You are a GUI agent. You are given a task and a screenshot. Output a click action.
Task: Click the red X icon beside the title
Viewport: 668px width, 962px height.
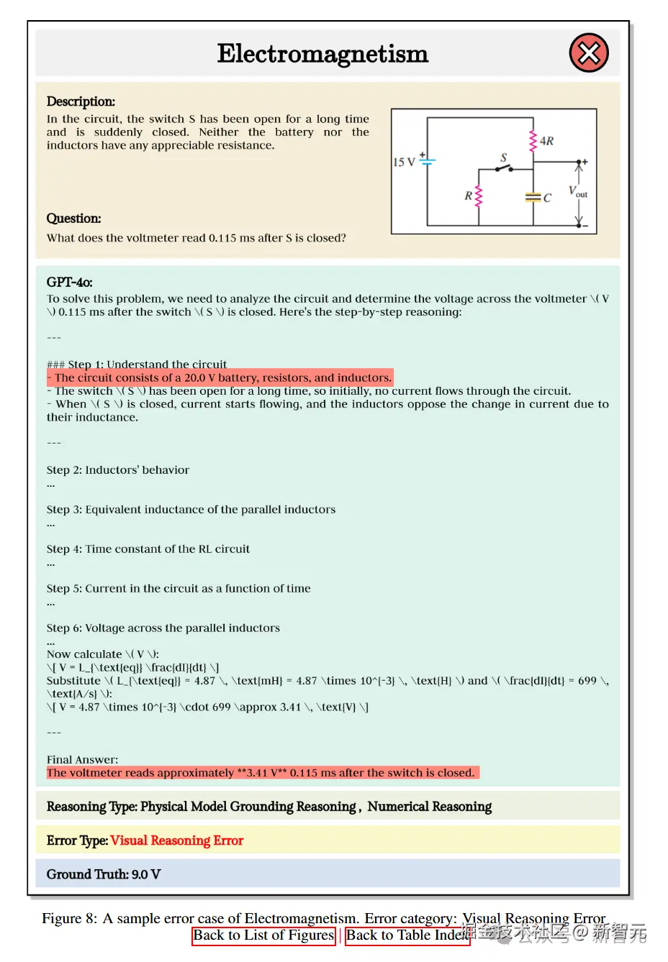click(589, 53)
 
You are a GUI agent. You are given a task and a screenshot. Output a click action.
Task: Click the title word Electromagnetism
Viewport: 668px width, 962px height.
click(322, 54)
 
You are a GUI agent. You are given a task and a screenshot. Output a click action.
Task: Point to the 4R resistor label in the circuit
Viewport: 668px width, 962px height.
click(546, 141)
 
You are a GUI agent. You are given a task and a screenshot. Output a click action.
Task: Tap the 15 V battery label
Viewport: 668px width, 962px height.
click(404, 162)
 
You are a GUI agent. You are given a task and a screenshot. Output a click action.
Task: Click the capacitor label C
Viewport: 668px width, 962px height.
click(547, 198)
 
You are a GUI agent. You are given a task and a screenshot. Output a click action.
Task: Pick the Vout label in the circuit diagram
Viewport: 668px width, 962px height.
click(578, 191)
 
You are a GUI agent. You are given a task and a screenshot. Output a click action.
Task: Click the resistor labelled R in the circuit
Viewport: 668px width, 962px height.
click(477, 196)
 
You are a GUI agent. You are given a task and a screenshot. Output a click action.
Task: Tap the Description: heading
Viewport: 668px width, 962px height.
click(81, 101)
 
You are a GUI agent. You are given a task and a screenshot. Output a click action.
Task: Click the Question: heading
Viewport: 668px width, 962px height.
click(73, 218)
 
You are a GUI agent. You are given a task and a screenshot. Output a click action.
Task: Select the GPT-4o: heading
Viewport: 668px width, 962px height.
click(69, 282)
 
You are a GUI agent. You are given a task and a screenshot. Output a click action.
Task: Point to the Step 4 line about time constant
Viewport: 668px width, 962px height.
click(148, 549)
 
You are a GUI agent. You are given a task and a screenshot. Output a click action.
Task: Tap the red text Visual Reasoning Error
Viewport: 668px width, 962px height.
click(177, 840)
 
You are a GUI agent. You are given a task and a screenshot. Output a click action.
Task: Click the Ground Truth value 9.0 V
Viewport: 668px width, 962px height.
click(145, 874)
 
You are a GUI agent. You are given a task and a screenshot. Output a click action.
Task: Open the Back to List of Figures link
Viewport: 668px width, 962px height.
click(263, 935)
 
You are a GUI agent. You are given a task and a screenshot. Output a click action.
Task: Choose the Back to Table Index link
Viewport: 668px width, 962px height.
click(407, 935)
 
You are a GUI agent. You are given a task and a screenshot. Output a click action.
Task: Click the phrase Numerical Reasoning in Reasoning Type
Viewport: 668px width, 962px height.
click(430, 807)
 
